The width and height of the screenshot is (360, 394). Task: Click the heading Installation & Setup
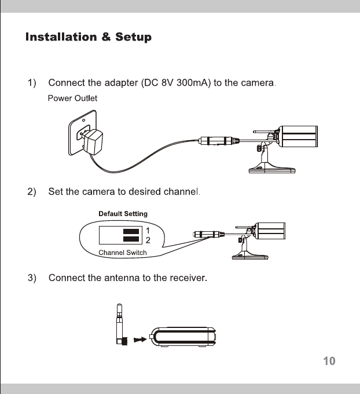[89, 38]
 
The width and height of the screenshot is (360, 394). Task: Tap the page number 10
[329, 362]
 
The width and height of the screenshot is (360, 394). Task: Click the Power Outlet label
[72, 99]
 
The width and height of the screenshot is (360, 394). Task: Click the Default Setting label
[123, 214]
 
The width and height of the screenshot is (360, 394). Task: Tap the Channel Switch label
[123, 253]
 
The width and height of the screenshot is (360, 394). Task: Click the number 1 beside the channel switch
[148, 231]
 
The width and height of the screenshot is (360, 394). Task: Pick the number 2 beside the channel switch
[148, 239]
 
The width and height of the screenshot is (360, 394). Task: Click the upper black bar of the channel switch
[132, 231]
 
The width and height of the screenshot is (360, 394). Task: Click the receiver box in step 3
[183, 336]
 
